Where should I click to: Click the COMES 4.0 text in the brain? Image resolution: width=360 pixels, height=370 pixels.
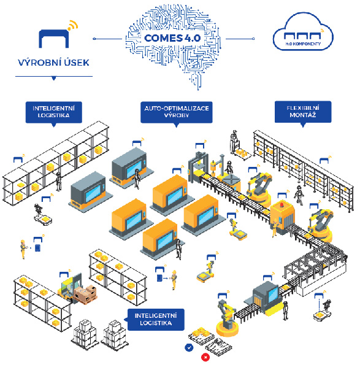(x=172, y=38)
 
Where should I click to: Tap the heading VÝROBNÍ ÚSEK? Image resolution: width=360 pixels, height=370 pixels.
(x=53, y=63)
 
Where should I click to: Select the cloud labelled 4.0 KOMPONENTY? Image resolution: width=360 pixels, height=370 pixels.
(x=303, y=32)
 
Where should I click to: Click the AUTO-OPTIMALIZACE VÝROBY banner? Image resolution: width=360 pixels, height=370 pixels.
(x=177, y=112)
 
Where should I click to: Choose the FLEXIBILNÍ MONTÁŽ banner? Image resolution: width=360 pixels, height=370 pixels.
(x=303, y=112)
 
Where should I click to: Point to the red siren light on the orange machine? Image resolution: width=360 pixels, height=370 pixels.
(x=281, y=204)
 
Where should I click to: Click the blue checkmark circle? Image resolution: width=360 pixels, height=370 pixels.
(x=189, y=347)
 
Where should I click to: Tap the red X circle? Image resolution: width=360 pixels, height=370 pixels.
(x=205, y=357)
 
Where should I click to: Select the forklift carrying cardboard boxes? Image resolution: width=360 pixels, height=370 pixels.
(x=77, y=290)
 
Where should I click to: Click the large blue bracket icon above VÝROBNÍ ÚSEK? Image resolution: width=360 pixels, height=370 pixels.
(x=54, y=39)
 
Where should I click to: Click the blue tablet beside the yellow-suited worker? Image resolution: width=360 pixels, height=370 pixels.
(x=37, y=248)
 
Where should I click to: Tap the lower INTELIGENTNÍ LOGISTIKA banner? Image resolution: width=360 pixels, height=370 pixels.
(x=156, y=320)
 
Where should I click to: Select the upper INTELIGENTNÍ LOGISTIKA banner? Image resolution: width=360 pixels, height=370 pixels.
(x=53, y=112)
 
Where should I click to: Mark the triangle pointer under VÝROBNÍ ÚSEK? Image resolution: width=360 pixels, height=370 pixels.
(x=54, y=78)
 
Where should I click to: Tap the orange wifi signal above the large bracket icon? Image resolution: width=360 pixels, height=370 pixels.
(x=72, y=26)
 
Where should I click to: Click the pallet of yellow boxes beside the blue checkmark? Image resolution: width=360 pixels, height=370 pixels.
(x=201, y=335)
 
